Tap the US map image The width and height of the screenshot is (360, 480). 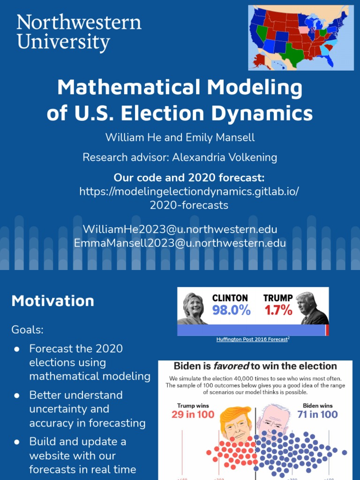coord(300,37)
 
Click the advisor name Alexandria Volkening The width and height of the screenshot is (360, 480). coord(225,157)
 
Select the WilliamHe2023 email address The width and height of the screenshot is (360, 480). coord(180,229)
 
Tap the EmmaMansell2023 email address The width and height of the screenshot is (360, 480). coord(180,243)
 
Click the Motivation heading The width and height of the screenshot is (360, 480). coord(52,301)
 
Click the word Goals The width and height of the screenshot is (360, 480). coord(27,330)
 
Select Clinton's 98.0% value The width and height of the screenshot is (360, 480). coord(231,310)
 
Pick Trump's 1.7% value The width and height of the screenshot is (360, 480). coord(278,310)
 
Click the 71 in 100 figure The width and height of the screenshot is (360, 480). coord(317,414)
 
